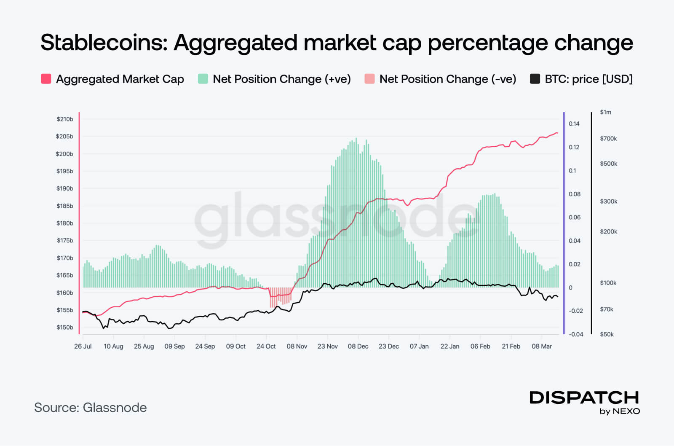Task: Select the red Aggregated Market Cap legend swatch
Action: (46, 79)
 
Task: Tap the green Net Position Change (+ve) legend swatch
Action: (203, 79)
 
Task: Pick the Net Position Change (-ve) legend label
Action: (448, 79)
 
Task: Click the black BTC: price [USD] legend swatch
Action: (535, 79)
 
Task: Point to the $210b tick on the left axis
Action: (65, 119)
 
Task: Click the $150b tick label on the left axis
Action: (65, 328)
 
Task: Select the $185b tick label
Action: (65, 206)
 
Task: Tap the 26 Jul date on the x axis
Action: (83, 347)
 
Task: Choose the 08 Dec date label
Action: (358, 347)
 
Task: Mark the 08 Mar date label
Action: (542, 347)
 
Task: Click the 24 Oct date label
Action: (266, 347)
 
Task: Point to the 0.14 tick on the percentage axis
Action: (574, 124)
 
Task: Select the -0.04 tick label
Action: (576, 335)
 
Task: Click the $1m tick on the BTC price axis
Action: (606, 112)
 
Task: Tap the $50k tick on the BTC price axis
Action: (607, 335)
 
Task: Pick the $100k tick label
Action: (608, 283)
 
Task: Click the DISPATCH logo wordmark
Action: (584, 398)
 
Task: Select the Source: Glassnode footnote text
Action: (91, 408)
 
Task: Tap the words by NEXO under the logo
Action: (620, 411)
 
